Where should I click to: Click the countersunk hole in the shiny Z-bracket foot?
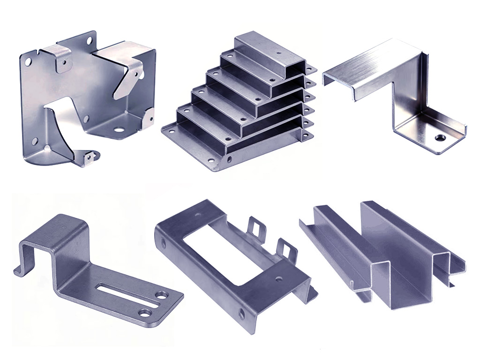pos(439,138)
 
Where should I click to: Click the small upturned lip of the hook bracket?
pos(19,270)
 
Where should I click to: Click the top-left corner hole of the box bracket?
pos(29,61)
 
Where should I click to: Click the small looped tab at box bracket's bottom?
pos(89,157)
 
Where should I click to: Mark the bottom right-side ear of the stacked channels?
pos(307,135)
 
